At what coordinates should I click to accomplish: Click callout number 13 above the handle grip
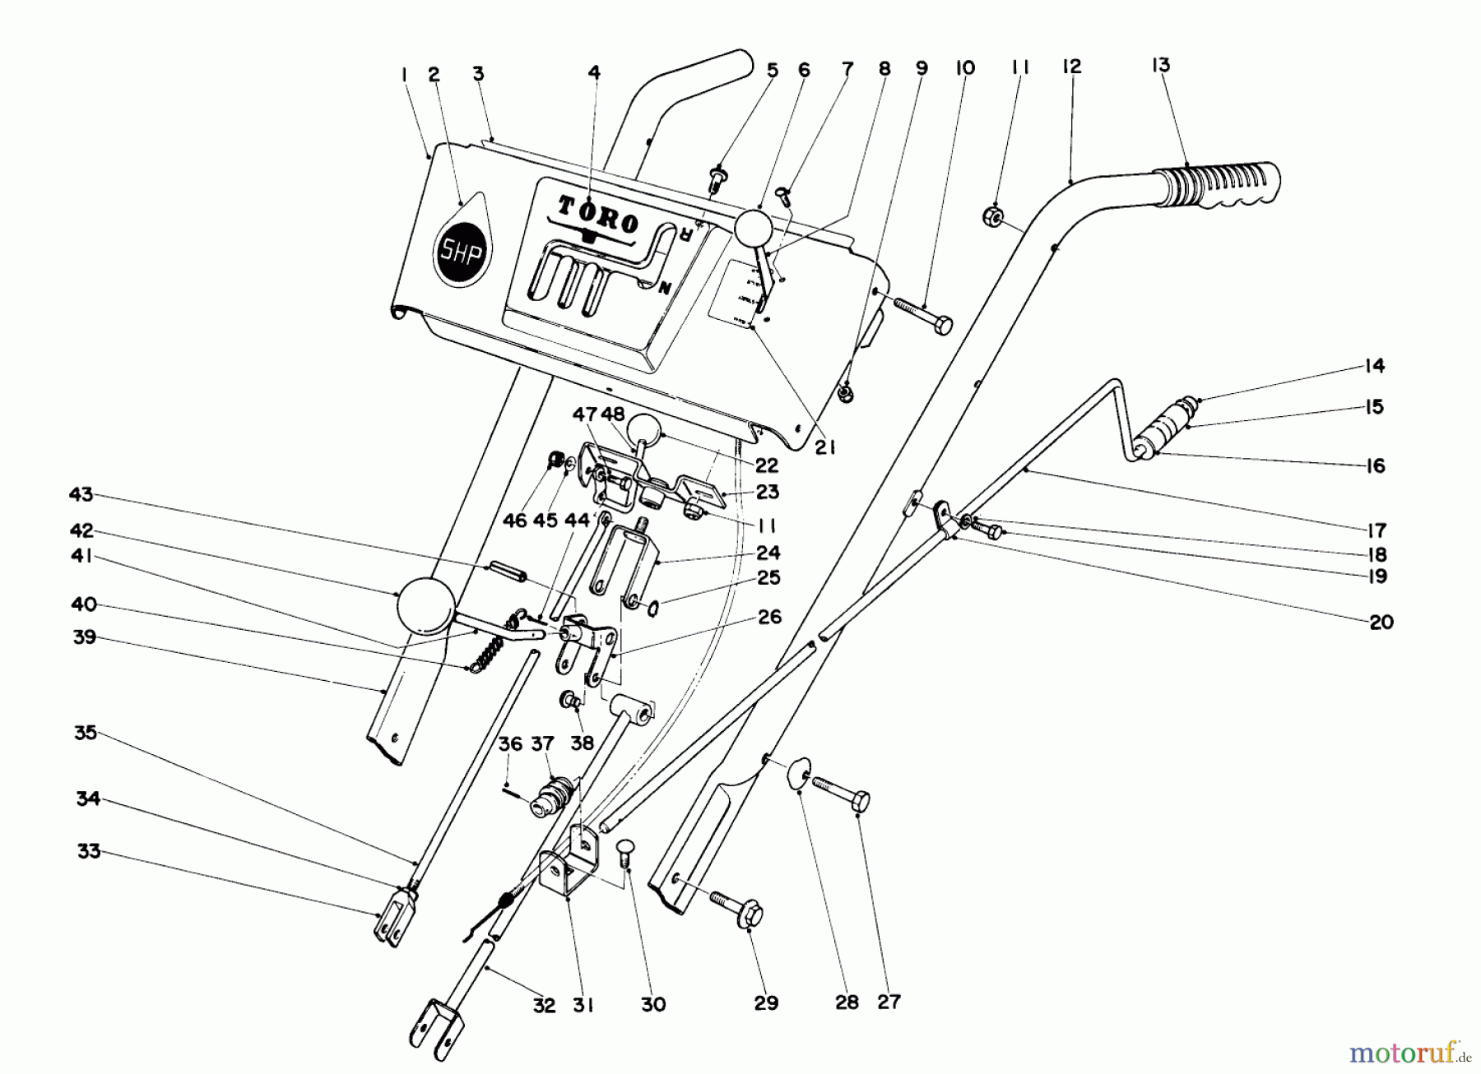click(1160, 66)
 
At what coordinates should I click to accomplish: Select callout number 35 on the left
click(86, 732)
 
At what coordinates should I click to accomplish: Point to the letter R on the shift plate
click(682, 235)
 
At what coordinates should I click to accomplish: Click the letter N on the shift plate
click(665, 288)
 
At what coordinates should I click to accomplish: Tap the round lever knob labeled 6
click(752, 228)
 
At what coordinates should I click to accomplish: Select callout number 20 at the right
click(1381, 623)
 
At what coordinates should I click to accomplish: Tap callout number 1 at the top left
click(405, 75)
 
